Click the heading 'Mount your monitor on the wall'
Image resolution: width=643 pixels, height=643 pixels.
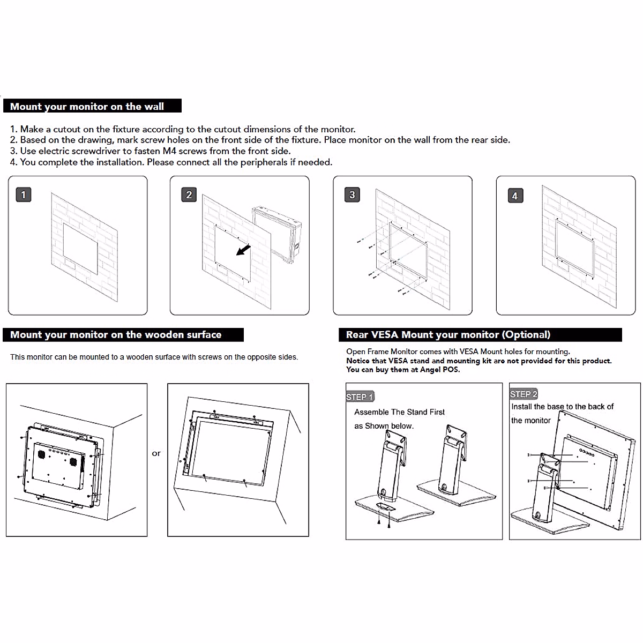[87, 106]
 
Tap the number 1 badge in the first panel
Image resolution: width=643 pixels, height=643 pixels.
[24, 195]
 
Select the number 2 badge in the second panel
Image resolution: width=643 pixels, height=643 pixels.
[189, 195]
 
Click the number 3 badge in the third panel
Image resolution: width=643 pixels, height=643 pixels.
[352, 195]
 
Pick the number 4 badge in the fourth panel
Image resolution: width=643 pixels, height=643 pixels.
[515, 196]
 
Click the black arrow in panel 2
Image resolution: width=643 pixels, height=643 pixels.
[244, 250]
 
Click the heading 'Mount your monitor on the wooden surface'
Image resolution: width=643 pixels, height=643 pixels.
[116, 335]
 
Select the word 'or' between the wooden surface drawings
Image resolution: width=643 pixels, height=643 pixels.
[156, 453]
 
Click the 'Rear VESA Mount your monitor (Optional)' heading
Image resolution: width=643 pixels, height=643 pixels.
[448, 335]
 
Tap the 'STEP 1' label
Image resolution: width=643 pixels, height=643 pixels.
[360, 397]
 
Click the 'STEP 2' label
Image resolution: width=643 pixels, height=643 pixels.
[524, 394]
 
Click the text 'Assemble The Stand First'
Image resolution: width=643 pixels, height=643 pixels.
[399, 412]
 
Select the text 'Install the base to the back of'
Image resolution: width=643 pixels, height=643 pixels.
[562, 407]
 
